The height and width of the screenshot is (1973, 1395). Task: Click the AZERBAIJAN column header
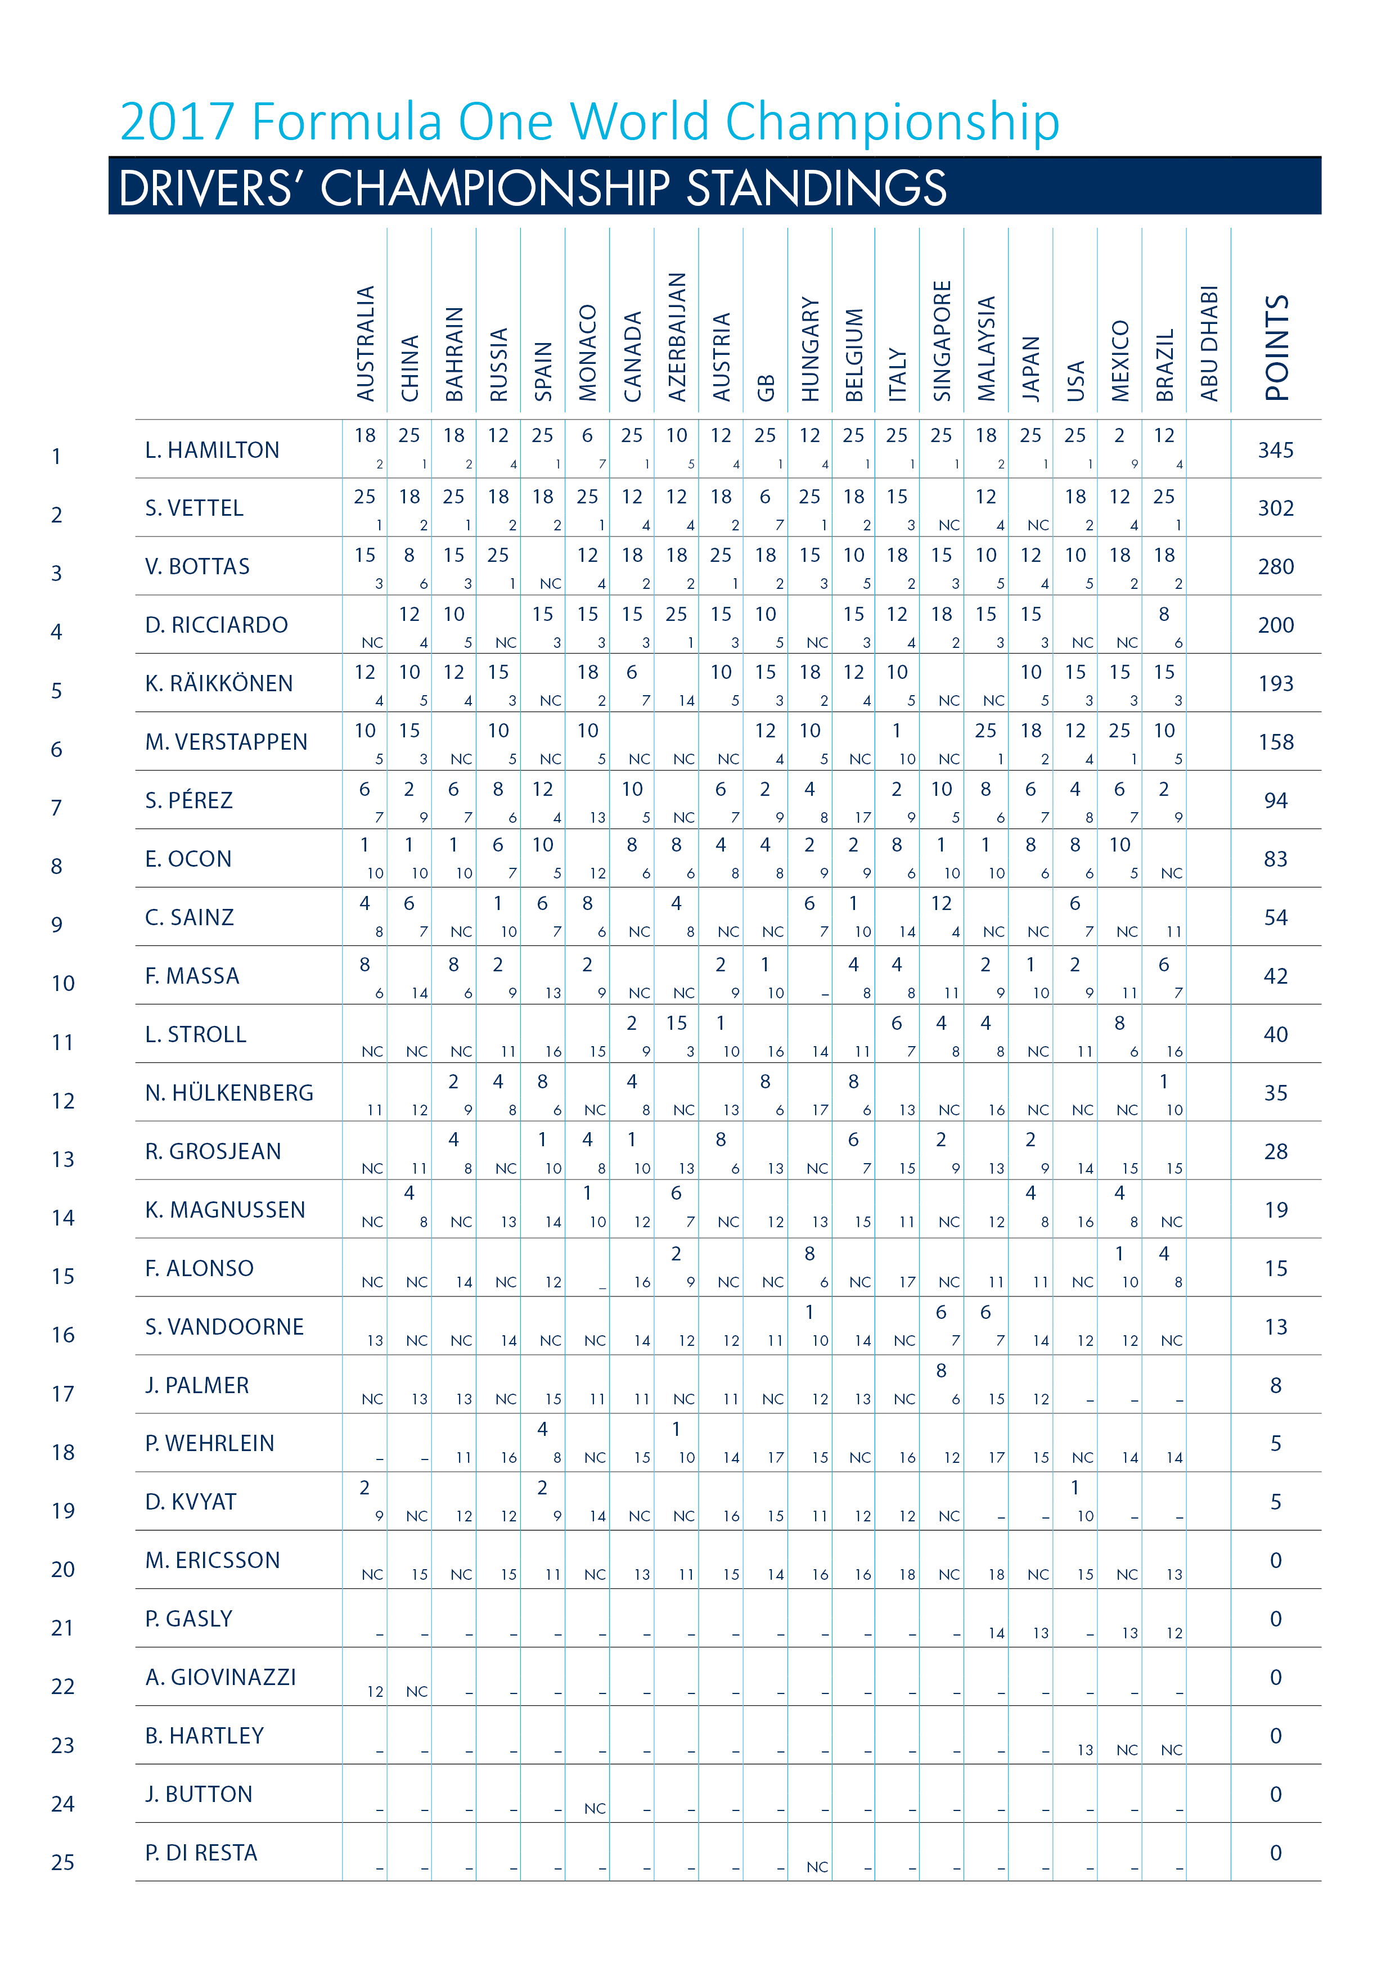677,337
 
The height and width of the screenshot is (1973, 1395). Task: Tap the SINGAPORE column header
942,341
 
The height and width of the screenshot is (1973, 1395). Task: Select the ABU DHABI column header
1209,344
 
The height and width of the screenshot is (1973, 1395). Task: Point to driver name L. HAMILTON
212,451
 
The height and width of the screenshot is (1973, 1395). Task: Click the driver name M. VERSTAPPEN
226,742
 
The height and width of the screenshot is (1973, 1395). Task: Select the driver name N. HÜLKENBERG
229,1093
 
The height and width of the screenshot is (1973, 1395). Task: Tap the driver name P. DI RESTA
201,1853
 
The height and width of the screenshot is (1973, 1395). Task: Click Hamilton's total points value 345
1276,451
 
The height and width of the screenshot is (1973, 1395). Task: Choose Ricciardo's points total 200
1276,625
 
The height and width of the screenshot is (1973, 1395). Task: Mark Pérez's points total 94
1276,801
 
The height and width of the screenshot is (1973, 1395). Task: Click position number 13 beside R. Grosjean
63,1159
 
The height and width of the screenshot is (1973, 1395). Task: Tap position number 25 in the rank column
63,1862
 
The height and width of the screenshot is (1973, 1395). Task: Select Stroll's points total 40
1276,1035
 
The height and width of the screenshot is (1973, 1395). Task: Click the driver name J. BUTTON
199,1794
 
